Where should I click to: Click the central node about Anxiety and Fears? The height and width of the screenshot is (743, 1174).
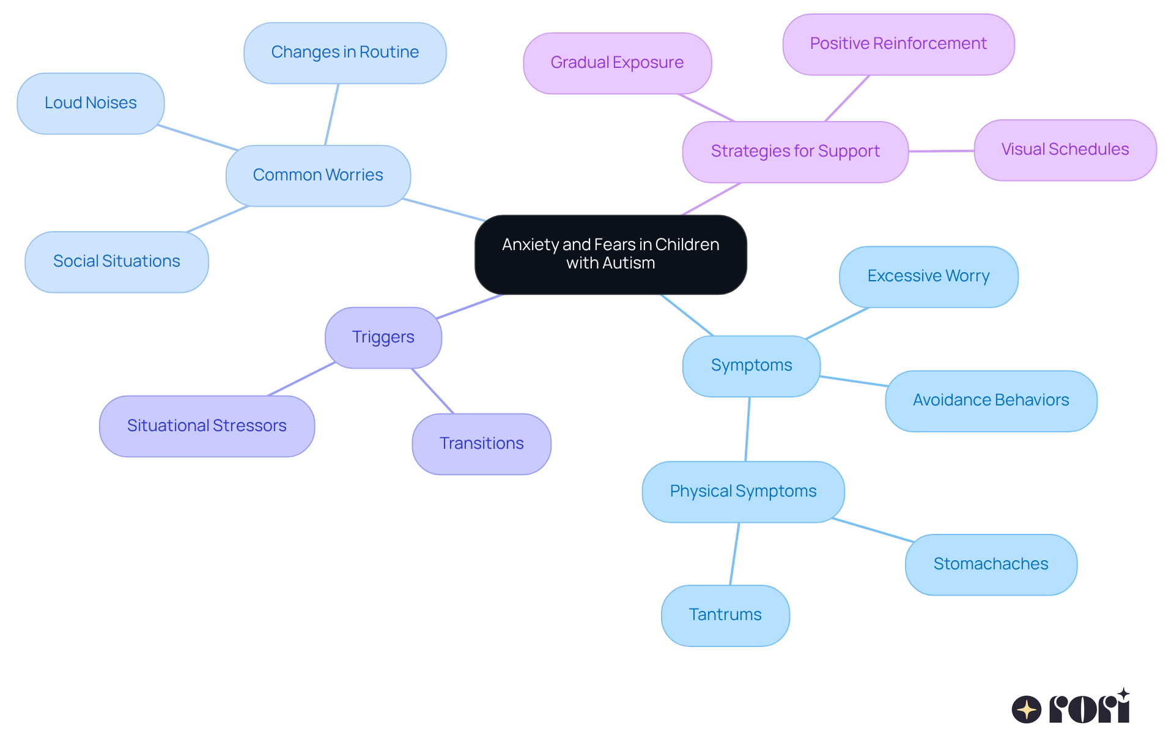(x=610, y=254)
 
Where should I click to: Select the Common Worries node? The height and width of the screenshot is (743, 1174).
(x=318, y=176)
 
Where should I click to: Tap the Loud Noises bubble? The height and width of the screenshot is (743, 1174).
(x=90, y=103)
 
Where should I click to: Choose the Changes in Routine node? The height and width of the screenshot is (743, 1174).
(x=345, y=53)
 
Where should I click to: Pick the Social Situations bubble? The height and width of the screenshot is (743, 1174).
(x=116, y=262)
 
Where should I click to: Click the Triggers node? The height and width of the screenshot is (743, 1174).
(x=383, y=338)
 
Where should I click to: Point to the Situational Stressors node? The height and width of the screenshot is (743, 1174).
(x=207, y=426)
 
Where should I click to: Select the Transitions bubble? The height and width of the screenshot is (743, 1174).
(x=481, y=444)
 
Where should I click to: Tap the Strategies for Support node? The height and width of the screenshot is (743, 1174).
(x=795, y=152)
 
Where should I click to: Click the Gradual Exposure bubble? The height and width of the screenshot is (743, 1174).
(x=617, y=63)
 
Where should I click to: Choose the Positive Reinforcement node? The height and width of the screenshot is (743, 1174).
(x=898, y=44)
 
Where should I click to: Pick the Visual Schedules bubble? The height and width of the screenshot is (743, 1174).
(x=1065, y=150)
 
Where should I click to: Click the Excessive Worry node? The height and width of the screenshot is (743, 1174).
(x=928, y=276)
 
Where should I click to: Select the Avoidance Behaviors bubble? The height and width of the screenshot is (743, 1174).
(x=991, y=401)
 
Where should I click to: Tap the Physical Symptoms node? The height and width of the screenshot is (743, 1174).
(x=743, y=492)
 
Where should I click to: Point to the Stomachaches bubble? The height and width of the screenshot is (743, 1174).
(x=991, y=564)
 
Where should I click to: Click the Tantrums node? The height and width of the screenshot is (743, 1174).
(x=725, y=615)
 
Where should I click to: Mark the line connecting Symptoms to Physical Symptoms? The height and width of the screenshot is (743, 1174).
(x=748, y=429)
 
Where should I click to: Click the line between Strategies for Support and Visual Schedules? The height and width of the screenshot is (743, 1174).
(x=941, y=151)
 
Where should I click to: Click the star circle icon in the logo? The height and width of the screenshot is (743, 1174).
(x=1027, y=709)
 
